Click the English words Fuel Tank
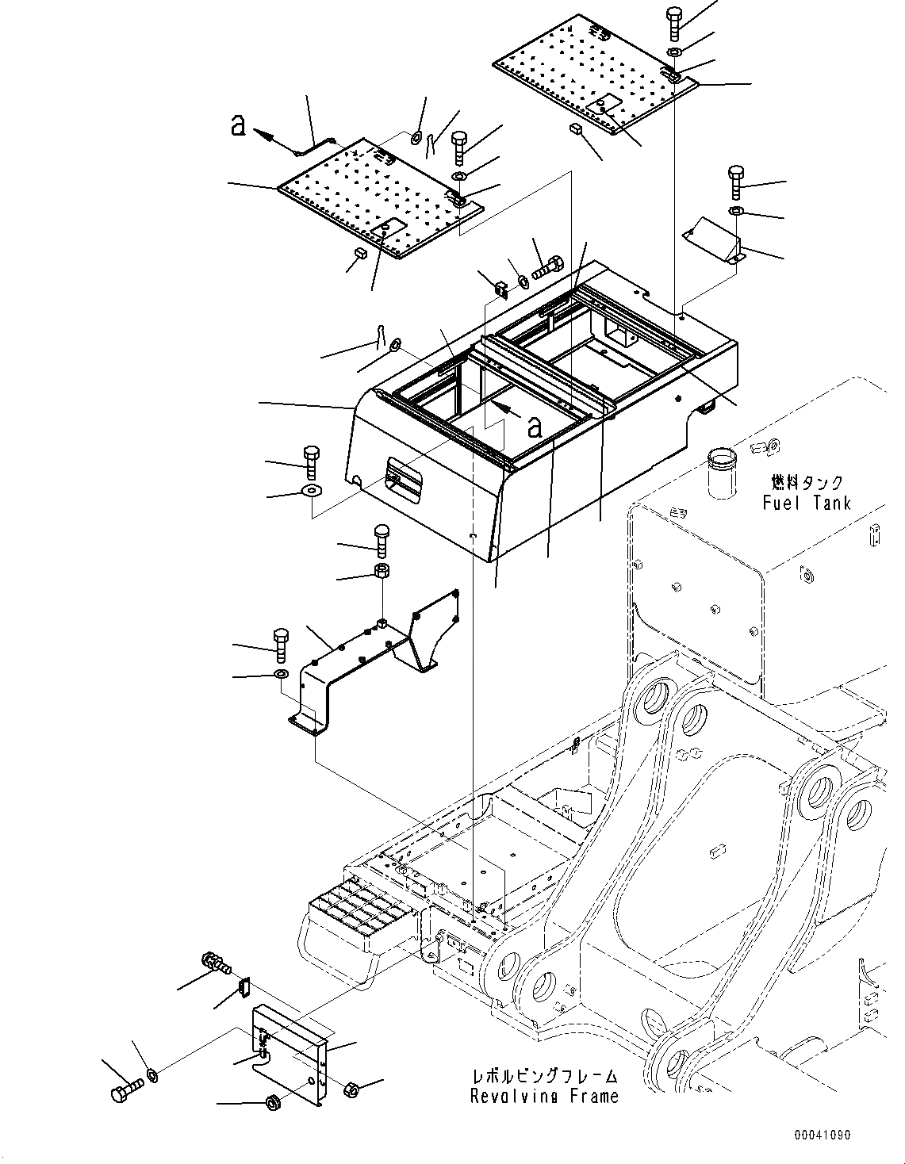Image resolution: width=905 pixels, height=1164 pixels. (806, 503)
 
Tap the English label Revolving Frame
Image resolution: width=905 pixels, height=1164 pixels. (543, 1097)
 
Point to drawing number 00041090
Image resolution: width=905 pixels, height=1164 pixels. (823, 1135)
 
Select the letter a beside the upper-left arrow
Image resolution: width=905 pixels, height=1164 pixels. (237, 125)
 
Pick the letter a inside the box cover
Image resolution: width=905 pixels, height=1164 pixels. (535, 427)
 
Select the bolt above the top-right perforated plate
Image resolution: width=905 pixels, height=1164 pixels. (674, 22)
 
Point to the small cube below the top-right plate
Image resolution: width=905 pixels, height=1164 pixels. (576, 128)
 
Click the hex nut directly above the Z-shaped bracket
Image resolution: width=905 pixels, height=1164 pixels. (382, 571)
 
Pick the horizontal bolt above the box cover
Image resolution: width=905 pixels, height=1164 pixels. (548, 270)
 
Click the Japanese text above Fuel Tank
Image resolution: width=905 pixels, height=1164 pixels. (807, 481)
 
